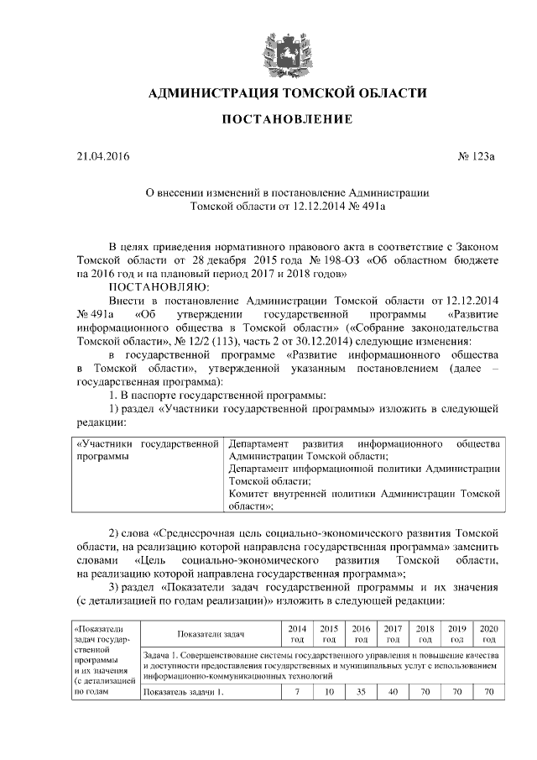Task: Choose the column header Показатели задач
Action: pos(211,634)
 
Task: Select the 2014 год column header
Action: pos(297,634)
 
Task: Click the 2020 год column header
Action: pos(487,634)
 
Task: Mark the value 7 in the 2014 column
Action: pos(297,692)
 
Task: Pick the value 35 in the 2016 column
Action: pos(361,692)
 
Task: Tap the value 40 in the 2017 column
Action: pos(392,692)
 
